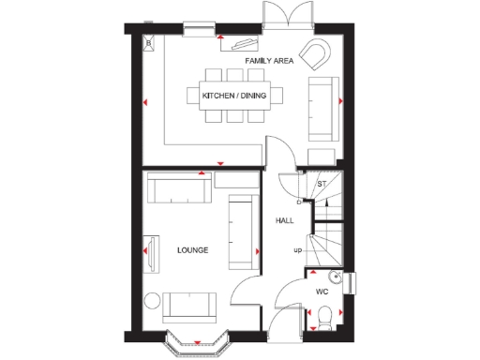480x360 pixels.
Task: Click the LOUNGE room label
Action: point(192,250)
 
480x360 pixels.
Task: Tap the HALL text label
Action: point(283,220)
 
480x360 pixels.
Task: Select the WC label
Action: point(322,292)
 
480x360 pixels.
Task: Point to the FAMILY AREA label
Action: point(269,61)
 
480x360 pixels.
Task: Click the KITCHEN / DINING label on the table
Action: point(233,96)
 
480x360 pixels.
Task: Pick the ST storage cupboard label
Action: point(321,184)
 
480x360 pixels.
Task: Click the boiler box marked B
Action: point(147,41)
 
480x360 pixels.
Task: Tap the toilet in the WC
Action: point(324,322)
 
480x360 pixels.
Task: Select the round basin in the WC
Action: point(335,277)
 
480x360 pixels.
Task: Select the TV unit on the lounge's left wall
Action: point(148,249)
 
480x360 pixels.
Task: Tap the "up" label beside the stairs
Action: point(297,250)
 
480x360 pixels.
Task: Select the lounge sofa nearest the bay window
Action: point(189,306)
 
